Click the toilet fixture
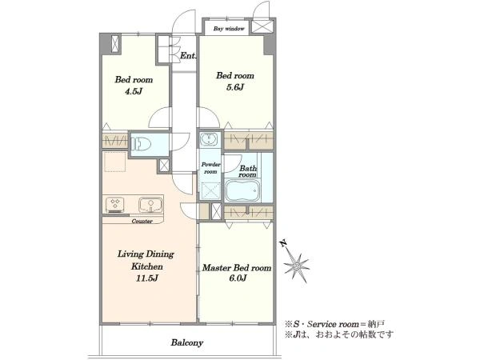141,143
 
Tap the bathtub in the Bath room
242,190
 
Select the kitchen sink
150,205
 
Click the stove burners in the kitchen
115,205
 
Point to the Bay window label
229,29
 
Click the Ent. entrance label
188,56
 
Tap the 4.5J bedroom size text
134,91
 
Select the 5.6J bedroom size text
234,87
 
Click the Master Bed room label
237,268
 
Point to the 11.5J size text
147,278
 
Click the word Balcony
187,342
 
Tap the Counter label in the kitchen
142,221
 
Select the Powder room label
210,168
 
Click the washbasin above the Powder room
209,139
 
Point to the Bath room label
248,171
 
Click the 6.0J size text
238,278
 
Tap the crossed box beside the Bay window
262,26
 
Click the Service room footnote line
334,324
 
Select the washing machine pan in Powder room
210,190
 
